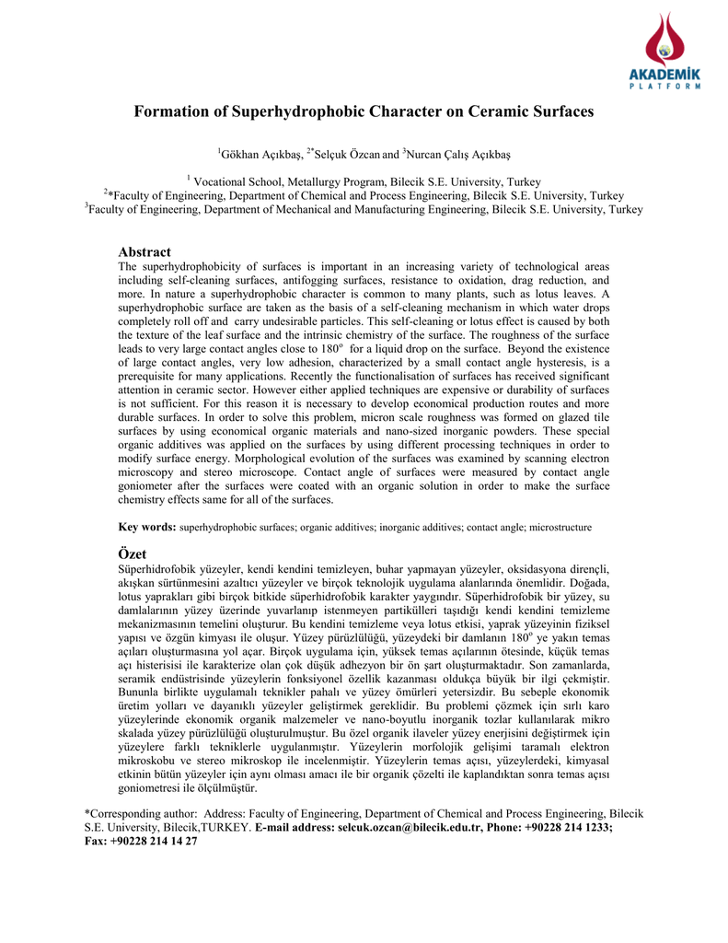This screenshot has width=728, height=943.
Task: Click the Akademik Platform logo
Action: (664, 52)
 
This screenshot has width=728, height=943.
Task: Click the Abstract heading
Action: (144, 251)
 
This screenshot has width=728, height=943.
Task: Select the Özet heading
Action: (133, 553)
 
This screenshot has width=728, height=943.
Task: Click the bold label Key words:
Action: (147, 528)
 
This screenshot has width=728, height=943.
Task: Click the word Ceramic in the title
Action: (478, 112)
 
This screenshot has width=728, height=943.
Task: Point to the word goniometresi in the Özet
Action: (153, 788)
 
